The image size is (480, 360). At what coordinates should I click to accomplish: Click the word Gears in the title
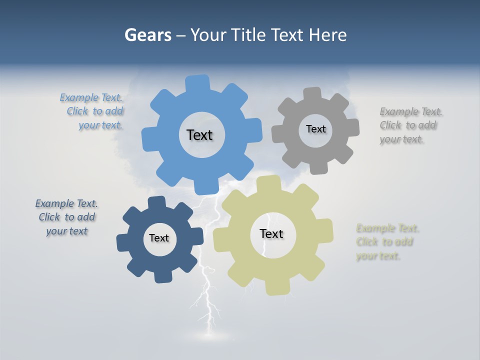(148, 35)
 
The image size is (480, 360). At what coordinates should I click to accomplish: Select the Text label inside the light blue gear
(199, 135)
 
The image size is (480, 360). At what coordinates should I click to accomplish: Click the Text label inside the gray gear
(315, 129)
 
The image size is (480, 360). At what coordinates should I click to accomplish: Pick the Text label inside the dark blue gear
(159, 238)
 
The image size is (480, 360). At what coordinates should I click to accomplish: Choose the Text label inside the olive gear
(271, 233)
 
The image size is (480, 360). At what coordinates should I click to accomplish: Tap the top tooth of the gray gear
(312, 94)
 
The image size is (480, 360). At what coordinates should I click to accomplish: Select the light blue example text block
(92, 111)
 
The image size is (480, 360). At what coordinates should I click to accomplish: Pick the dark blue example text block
(66, 217)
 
